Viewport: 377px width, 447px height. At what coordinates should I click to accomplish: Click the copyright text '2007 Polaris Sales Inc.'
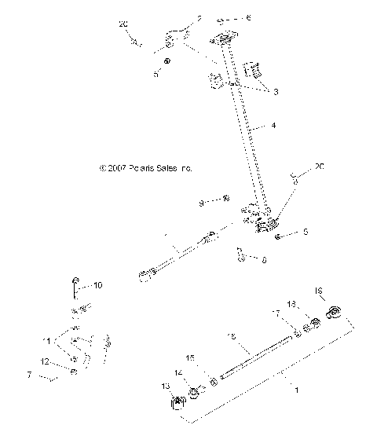point(145,168)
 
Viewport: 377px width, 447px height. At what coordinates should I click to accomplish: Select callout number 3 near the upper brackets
point(276,91)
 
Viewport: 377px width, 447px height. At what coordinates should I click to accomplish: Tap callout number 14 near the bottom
point(178,372)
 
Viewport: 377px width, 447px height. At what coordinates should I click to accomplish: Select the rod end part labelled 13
point(178,403)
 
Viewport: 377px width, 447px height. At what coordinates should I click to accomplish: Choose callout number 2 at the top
point(199,16)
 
